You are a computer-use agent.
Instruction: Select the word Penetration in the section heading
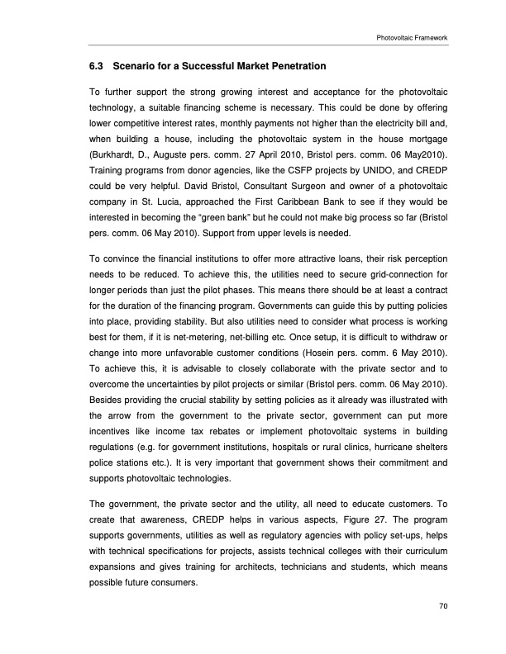tap(294, 65)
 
